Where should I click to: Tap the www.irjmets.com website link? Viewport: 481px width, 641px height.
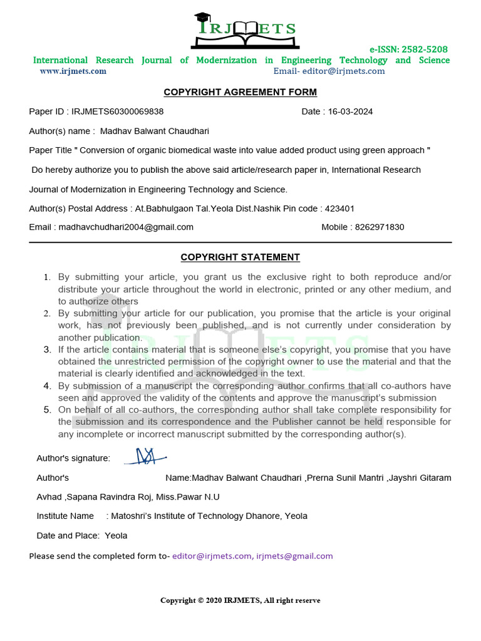[73, 71]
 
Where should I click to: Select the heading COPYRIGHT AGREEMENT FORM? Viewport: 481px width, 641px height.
[240, 93]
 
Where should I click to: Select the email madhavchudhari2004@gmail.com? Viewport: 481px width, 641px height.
[126, 227]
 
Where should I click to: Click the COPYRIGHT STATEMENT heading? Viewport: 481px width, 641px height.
[240, 257]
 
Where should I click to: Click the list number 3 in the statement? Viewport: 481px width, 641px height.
[47, 349]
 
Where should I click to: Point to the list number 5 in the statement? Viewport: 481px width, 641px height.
[47, 410]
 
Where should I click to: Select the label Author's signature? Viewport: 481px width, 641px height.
[73, 459]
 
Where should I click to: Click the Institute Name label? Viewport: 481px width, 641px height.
[65, 516]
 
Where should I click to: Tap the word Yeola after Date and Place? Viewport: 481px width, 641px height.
[116, 536]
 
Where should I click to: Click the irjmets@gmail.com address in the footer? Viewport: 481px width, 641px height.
[294, 556]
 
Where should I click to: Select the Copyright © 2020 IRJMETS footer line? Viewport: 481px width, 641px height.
[240, 601]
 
